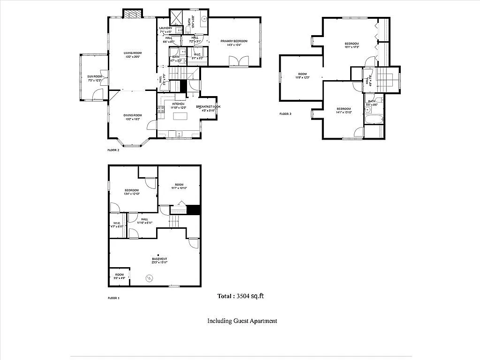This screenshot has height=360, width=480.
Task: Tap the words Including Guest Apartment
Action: pos(242,321)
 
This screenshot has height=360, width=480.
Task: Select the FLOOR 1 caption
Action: pos(114,298)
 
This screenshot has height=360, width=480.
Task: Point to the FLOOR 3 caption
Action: pos(285,114)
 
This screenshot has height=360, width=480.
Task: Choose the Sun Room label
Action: pos(95,78)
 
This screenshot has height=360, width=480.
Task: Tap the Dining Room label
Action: pos(133,117)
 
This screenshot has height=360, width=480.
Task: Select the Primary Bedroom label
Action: pos(234,43)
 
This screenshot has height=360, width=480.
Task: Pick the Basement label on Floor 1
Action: pos(159,261)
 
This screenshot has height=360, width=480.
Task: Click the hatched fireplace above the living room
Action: pos(133,14)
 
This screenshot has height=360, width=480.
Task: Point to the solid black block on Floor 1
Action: pos(193,210)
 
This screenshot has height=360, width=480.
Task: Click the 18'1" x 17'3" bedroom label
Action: pos(352,45)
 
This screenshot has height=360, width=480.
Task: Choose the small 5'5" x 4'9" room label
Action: pos(120,277)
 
